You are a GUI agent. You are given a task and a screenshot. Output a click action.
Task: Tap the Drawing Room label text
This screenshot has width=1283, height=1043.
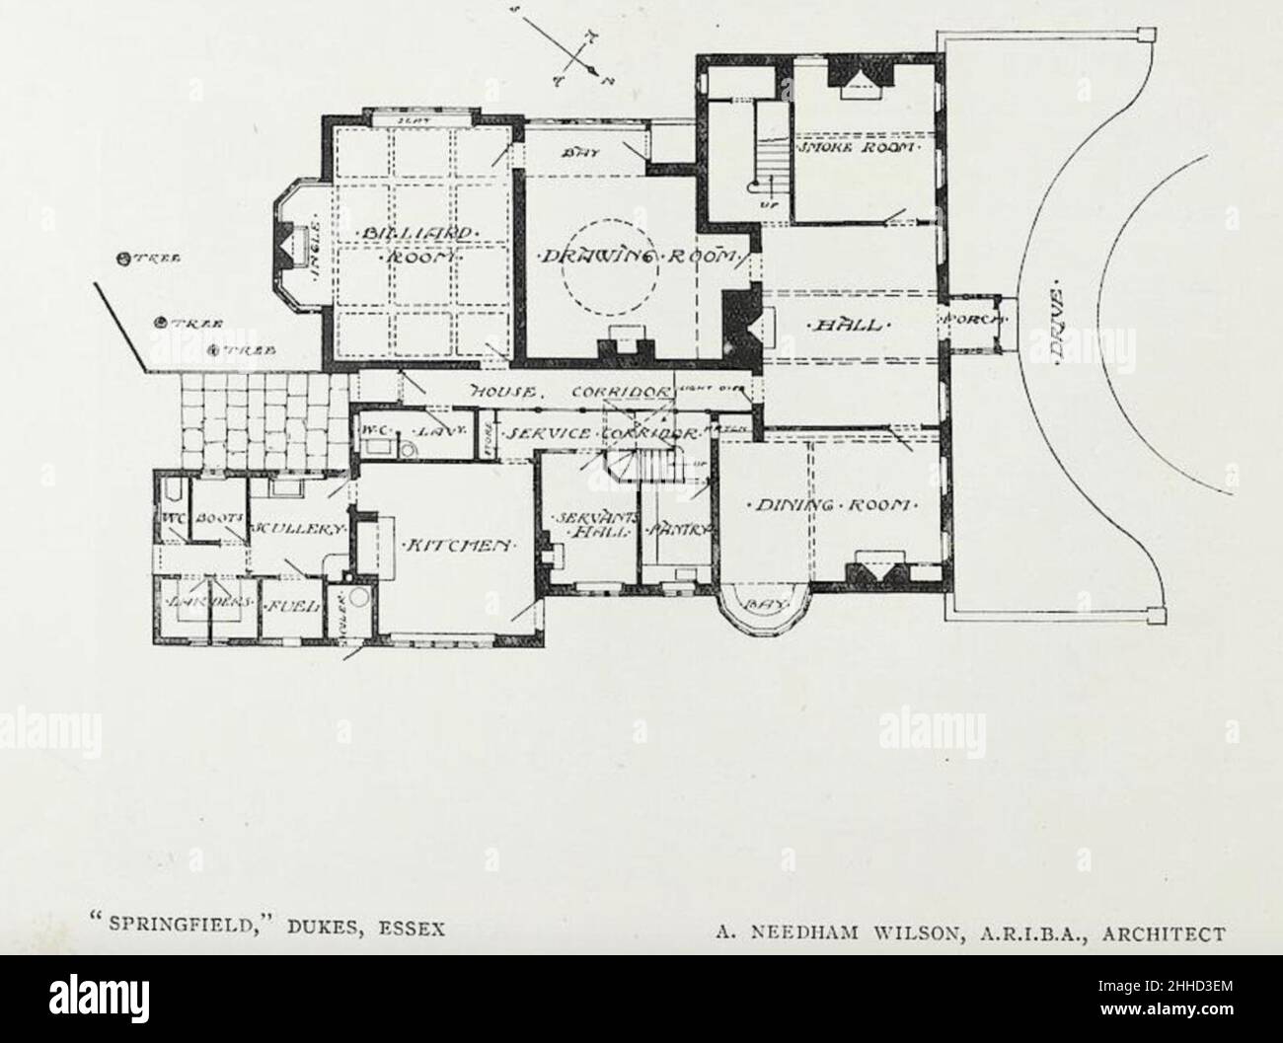639,257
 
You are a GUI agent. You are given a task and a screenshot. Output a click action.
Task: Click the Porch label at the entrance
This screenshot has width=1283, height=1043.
973,321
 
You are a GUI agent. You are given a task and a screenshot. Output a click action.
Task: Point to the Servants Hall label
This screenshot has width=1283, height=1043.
584,526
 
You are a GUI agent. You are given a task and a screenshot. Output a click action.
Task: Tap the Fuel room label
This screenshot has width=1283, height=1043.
293,604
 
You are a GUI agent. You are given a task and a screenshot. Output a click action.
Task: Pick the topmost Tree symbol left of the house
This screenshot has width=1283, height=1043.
124,261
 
